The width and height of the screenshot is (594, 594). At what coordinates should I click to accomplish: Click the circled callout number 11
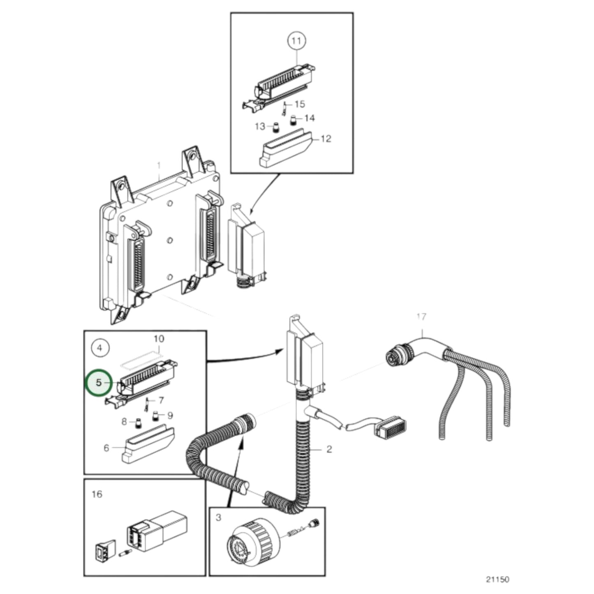coord(296,41)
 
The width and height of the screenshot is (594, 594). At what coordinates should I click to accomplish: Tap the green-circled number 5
coord(99,382)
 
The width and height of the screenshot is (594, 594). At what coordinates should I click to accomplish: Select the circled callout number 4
coord(99,348)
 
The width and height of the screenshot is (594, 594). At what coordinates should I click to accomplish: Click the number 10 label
coord(159,339)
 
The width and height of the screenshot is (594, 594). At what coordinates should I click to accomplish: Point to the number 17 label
coord(421,317)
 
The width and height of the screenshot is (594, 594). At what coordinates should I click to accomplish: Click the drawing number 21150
coord(497,579)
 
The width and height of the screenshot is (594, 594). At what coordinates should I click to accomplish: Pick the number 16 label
coord(97,494)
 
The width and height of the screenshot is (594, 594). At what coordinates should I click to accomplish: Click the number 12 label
coord(326,139)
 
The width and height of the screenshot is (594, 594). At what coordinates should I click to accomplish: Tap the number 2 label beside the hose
coord(329,449)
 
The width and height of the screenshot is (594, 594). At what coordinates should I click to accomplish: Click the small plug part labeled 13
coord(277,127)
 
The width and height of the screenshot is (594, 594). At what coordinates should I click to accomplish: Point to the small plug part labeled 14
coord(294,120)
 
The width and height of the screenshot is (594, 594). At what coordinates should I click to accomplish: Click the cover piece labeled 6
coord(148,446)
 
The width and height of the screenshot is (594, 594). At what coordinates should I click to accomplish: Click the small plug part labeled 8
coord(139,422)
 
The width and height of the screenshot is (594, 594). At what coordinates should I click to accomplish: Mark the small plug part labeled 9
coord(155,416)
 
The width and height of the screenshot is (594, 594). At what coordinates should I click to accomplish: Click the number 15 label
coord(300,104)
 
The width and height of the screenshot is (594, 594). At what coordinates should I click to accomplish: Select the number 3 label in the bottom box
coord(218,517)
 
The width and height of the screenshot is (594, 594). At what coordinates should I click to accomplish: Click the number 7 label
coord(161,400)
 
